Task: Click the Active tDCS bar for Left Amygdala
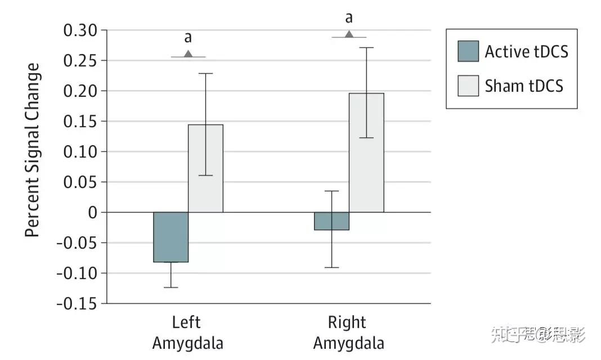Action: click(x=171, y=237)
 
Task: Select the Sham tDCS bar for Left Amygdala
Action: click(x=205, y=168)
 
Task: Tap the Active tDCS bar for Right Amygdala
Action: click(x=331, y=221)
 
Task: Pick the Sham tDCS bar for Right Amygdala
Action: click(x=366, y=152)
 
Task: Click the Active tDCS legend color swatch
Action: click(x=468, y=51)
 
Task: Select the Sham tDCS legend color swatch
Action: click(x=468, y=85)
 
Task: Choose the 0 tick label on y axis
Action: click(x=92, y=213)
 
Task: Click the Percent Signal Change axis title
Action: click(x=33, y=150)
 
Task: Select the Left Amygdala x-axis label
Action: click(x=187, y=332)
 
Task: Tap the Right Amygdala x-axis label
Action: click(x=348, y=332)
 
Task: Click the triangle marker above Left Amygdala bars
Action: click(x=189, y=54)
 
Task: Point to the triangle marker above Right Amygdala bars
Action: click(x=349, y=34)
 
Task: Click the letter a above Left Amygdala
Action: click(x=188, y=38)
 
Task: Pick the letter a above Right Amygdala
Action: click(x=349, y=19)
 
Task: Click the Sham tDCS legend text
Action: click(x=524, y=86)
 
